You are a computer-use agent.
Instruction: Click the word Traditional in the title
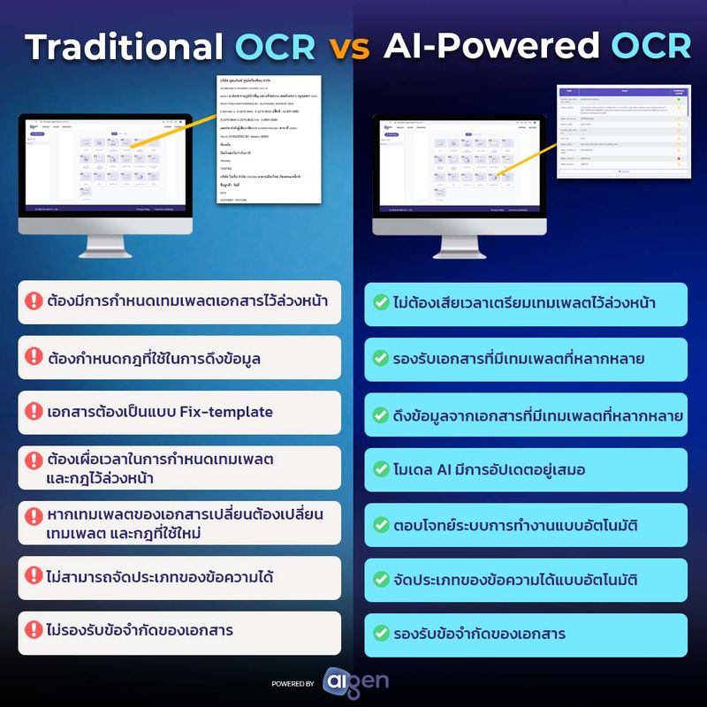(x=123, y=46)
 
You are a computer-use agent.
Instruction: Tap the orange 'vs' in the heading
(x=349, y=48)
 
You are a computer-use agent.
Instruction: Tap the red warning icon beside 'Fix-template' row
(x=34, y=412)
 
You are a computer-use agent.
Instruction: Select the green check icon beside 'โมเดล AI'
(x=381, y=469)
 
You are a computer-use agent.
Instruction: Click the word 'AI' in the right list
(x=447, y=469)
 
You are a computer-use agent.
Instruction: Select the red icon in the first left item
(x=34, y=301)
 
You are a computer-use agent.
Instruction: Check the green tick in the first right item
(x=381, y=303)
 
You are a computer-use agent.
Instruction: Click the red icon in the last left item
(x=34, y=631)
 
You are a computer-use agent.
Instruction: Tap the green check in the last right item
(x=381, y=634)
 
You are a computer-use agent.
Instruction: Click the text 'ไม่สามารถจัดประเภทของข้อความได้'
(x=159, y=577)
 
